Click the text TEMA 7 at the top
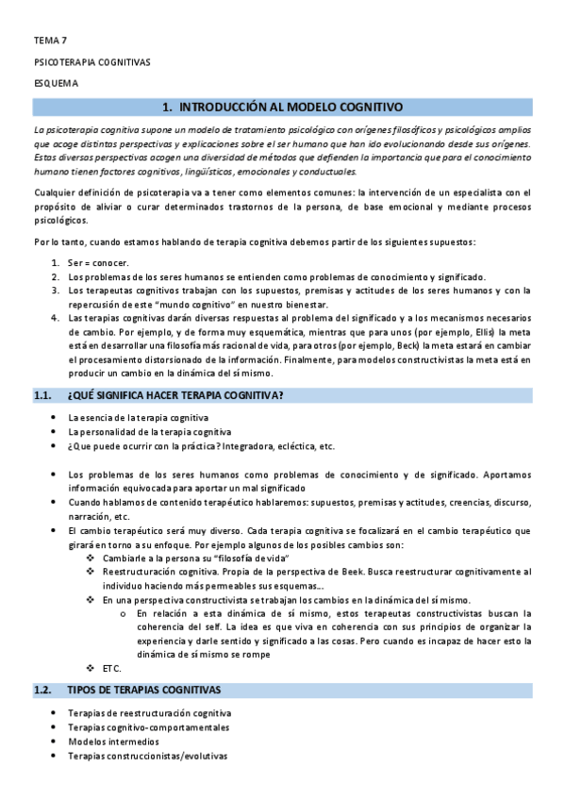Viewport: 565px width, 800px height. [50, 42]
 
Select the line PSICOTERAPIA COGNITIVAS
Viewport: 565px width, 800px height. [91, 62]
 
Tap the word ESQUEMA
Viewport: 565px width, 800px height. [57, 83]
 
